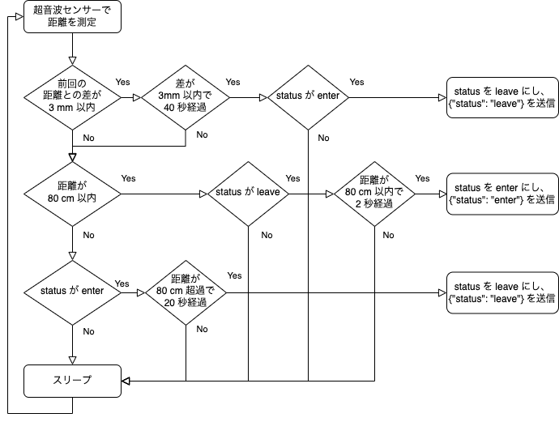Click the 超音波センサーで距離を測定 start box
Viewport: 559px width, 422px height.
coord(72,16)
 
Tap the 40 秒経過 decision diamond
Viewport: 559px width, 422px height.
coord(186,96)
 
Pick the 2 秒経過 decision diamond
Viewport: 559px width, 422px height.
coord(374,194)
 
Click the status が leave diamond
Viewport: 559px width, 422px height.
coord(246,194)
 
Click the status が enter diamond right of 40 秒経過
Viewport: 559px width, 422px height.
coord(308,96)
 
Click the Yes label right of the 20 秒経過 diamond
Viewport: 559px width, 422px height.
coord(235,275)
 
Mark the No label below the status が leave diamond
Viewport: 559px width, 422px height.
coord(266,236)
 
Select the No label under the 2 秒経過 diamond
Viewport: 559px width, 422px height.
coord(388,236)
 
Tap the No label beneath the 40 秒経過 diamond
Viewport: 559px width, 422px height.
coord(202,134)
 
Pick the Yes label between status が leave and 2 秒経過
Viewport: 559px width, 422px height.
coord(293,178)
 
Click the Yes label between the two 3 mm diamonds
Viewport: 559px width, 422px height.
coord(123,82)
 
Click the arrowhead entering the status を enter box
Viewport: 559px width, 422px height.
coord(442,194)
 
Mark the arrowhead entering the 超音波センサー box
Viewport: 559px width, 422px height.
coord(20,16)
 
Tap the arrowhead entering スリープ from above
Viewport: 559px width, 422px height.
coord(73,360)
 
